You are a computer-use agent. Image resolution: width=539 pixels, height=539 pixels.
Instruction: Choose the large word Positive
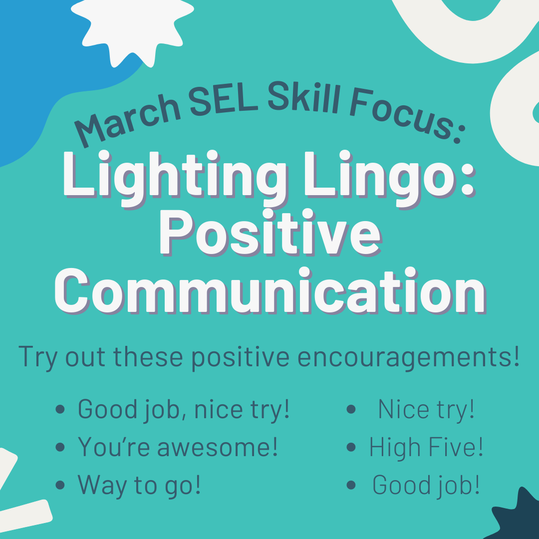pos(270,233)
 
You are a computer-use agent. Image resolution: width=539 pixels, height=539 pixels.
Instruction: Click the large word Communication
pos(270,291)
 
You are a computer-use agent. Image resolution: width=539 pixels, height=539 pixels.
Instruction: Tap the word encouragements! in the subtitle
pos(408,358)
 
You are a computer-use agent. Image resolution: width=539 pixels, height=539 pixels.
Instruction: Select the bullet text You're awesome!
pos(178,447)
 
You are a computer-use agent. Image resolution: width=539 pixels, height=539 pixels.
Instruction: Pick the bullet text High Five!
pos(426,447)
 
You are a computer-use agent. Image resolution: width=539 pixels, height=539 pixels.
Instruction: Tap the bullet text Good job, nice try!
pos(184,409)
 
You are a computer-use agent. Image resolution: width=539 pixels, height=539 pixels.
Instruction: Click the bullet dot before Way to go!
pos(60,485)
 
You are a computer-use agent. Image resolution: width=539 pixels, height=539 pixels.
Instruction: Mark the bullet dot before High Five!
pos(351,447)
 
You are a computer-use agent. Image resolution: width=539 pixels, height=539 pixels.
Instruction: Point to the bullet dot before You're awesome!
pos(60,447)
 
